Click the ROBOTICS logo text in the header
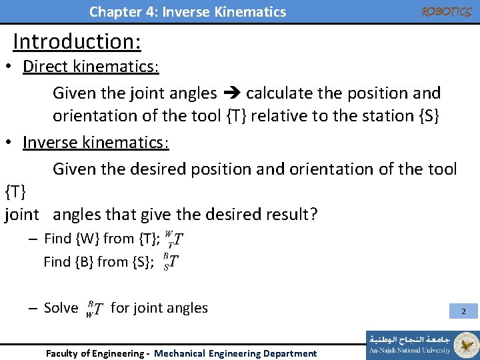coord(447,12)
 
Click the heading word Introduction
coord(76,41)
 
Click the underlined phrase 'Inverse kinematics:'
coord(96,143)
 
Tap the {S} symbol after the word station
coord(427,116)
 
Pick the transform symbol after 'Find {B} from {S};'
coord(170,262)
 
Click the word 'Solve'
coord(61,308)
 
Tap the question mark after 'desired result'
coord(313,215)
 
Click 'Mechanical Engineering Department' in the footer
coord(235,353)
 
